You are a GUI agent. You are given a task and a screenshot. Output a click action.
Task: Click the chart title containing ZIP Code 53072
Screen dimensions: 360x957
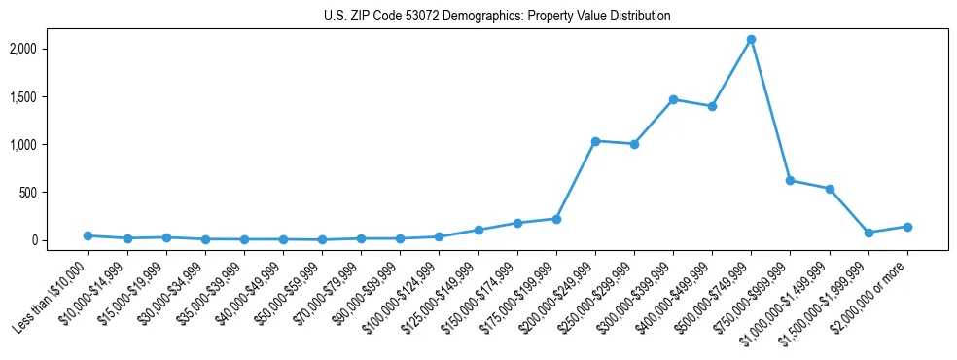click(497, 16)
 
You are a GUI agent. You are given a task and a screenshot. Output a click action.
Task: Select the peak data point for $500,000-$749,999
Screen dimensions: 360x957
click(751, 40)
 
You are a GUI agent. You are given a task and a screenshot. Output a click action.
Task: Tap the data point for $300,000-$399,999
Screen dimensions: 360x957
click(673, 99)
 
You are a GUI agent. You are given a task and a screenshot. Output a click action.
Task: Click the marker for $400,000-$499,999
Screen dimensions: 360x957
click(712, 106)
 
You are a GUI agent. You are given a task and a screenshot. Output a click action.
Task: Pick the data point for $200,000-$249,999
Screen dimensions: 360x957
click(595, 141)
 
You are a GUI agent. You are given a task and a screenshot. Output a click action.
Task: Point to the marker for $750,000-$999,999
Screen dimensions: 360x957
click(790, 180)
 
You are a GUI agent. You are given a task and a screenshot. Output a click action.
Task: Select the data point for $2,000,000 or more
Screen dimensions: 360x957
click(907, 227)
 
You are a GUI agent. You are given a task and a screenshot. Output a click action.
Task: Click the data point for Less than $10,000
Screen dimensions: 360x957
click(88, 235)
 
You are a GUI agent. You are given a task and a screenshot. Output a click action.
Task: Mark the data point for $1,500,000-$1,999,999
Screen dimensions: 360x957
click(868, 233)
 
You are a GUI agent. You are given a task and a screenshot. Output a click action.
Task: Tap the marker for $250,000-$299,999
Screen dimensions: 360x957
click(634, 144)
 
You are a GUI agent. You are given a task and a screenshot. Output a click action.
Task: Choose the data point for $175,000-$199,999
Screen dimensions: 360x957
click(556, 219)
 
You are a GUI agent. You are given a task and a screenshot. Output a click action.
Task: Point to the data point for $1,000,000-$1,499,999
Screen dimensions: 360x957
click(830, 189)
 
